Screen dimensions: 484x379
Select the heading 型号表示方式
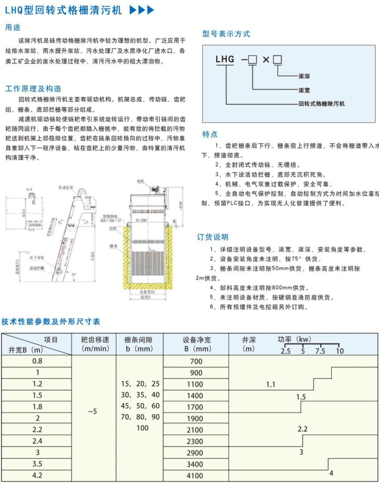pos(226,33)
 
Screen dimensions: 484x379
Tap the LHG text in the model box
pos(225,60)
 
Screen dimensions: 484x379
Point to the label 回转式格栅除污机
pos(321,103)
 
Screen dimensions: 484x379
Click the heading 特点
pos(210,134)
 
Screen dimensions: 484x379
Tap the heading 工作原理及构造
pos(33,88)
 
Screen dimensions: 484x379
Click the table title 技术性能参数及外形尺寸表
pos(51,321)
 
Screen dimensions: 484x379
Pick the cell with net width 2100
pos(196,430)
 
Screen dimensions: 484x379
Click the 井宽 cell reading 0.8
pos(38,361)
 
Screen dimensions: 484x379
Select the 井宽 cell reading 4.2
pos(38,475)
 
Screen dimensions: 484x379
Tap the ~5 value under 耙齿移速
pos(94,412)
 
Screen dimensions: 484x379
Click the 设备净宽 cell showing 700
pos(196,362)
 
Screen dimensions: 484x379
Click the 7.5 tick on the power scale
pos(320,351)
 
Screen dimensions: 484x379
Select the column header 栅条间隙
pos(138,339)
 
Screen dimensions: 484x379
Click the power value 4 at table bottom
pos(331,473)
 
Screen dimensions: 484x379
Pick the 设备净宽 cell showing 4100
pos(196,475)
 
